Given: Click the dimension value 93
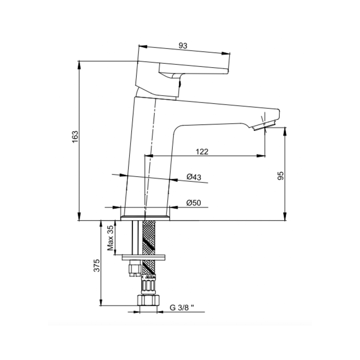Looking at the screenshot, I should point(183,46).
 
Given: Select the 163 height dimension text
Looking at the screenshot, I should point(75,137).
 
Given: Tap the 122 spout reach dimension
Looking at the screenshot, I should point(202,151).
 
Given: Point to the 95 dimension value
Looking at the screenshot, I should point(281,175).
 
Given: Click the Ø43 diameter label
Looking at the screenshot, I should point(194,177).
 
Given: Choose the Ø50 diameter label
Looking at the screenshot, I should point(193,203).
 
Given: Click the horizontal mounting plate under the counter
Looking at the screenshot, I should point(143,257).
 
